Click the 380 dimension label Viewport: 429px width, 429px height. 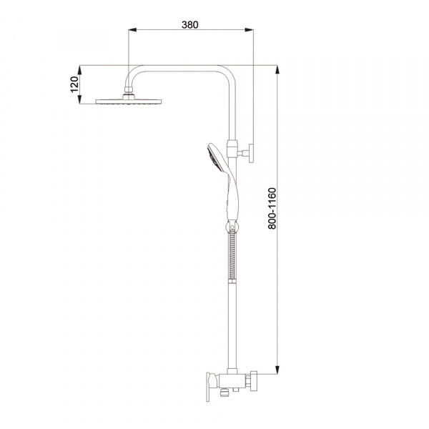(x=190, y=25)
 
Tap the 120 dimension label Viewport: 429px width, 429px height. (x=74, y=84)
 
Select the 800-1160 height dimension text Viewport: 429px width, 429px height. (x=272, y=208)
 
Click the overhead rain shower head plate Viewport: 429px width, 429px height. (x=129, y=102)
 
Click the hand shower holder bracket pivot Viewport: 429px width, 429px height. (x=232, y=227)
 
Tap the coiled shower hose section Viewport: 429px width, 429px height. (x=232, y=255)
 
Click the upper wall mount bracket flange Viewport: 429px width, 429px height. (x=251, y=153)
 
